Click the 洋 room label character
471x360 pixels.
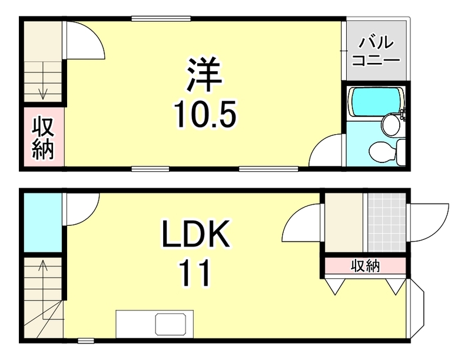click(204, 74)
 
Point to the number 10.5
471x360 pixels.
click(204, 114)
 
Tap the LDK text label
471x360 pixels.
click(195, 238)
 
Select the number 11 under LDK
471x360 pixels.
click(195, 274)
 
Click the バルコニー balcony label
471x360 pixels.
click(375, 51)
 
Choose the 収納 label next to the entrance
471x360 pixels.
click(365, 266)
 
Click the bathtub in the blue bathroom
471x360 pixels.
click(374, 101)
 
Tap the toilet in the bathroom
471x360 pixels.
click(389, 152)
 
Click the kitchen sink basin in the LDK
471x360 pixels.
click(171, 324)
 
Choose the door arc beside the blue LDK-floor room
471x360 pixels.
click(81, 209)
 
